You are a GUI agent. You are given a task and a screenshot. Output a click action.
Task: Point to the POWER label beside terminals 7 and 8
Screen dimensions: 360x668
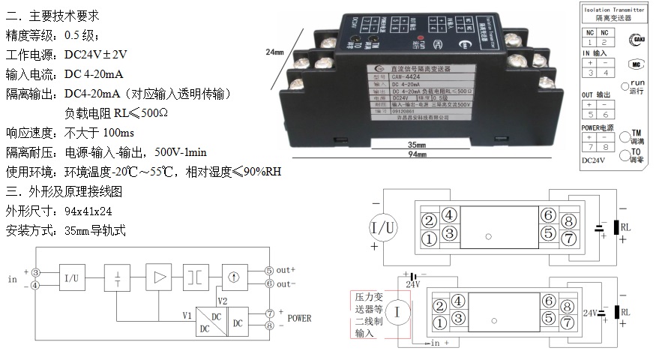(299, 318)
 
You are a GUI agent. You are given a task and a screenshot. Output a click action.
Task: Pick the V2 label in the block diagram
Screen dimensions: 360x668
(223, 300)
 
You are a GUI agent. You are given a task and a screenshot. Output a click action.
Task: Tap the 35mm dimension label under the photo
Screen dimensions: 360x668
(417, 144)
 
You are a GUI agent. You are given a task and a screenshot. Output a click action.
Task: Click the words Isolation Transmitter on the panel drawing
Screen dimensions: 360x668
(619, 9)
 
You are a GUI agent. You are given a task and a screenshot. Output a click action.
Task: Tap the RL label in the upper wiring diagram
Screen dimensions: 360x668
(628, 227)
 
